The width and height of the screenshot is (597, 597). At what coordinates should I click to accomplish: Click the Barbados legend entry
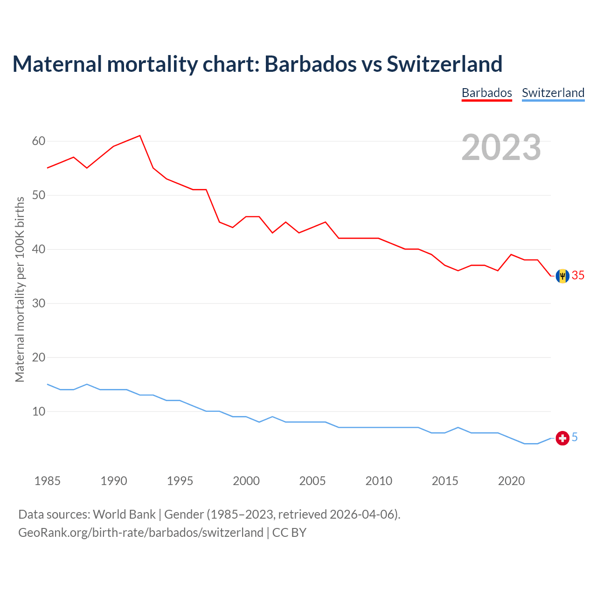coord(486,93)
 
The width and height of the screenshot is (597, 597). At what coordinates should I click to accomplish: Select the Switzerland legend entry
coord(553,93)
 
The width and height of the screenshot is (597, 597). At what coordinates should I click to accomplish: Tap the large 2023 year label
coord(501,147)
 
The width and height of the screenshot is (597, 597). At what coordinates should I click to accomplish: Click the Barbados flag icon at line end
coord(562,276)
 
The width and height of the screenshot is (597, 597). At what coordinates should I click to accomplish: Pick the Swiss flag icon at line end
coord(562,438)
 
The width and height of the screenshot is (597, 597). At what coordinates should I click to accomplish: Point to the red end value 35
coord(578,276)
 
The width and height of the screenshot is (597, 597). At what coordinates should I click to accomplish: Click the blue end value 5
coord(575,437)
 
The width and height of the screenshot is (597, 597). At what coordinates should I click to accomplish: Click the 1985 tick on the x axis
coord(48,481)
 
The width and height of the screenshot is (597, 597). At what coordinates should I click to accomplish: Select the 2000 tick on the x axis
coord(246,481)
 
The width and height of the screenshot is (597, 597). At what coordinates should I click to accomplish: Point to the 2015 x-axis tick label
coord(445,481)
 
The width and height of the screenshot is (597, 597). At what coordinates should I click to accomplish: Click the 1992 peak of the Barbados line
coord(140,136)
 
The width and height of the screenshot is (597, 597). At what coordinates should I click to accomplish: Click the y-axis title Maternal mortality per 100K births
coord(20,289)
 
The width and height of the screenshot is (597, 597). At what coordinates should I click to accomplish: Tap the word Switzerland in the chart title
coord(444,64)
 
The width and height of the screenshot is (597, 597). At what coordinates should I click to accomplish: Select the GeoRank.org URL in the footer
coord(140,533)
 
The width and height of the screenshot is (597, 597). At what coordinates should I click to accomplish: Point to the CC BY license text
coord(289,533)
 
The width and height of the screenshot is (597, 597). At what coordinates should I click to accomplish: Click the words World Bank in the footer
coord(124,514)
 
